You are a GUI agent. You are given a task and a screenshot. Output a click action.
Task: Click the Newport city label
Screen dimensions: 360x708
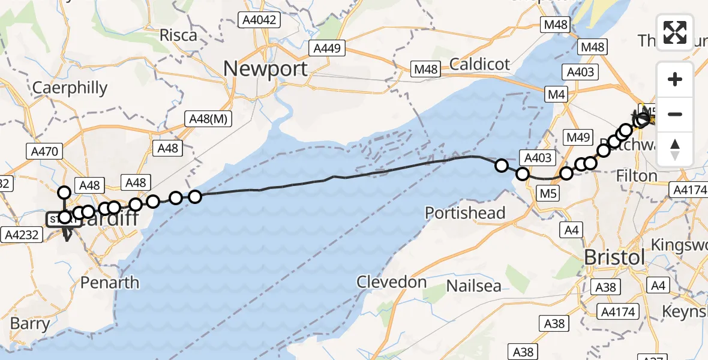tap(266, 68)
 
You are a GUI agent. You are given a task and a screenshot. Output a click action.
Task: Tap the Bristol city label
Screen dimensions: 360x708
tap(615, 257)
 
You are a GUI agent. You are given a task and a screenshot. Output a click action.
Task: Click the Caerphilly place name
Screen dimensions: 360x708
tap(70, 88)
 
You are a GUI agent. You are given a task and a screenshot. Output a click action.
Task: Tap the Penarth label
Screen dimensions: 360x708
tap(109, 283)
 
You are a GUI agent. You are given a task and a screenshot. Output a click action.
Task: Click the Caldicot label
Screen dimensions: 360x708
tap(479, 64)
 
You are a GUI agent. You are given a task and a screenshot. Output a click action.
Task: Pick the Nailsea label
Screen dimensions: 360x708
tap(473, 286)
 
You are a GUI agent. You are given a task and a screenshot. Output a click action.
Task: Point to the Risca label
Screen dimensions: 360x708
tap(178, 35)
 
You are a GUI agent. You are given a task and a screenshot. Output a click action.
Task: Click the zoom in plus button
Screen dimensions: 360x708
tap(675, 79)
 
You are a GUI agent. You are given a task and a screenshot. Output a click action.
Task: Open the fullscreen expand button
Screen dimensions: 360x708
tap(675, 32)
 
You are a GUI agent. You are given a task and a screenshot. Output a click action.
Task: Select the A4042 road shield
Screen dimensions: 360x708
tap(259, 20)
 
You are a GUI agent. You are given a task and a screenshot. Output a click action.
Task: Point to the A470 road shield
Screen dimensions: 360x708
tap(44, 151)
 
